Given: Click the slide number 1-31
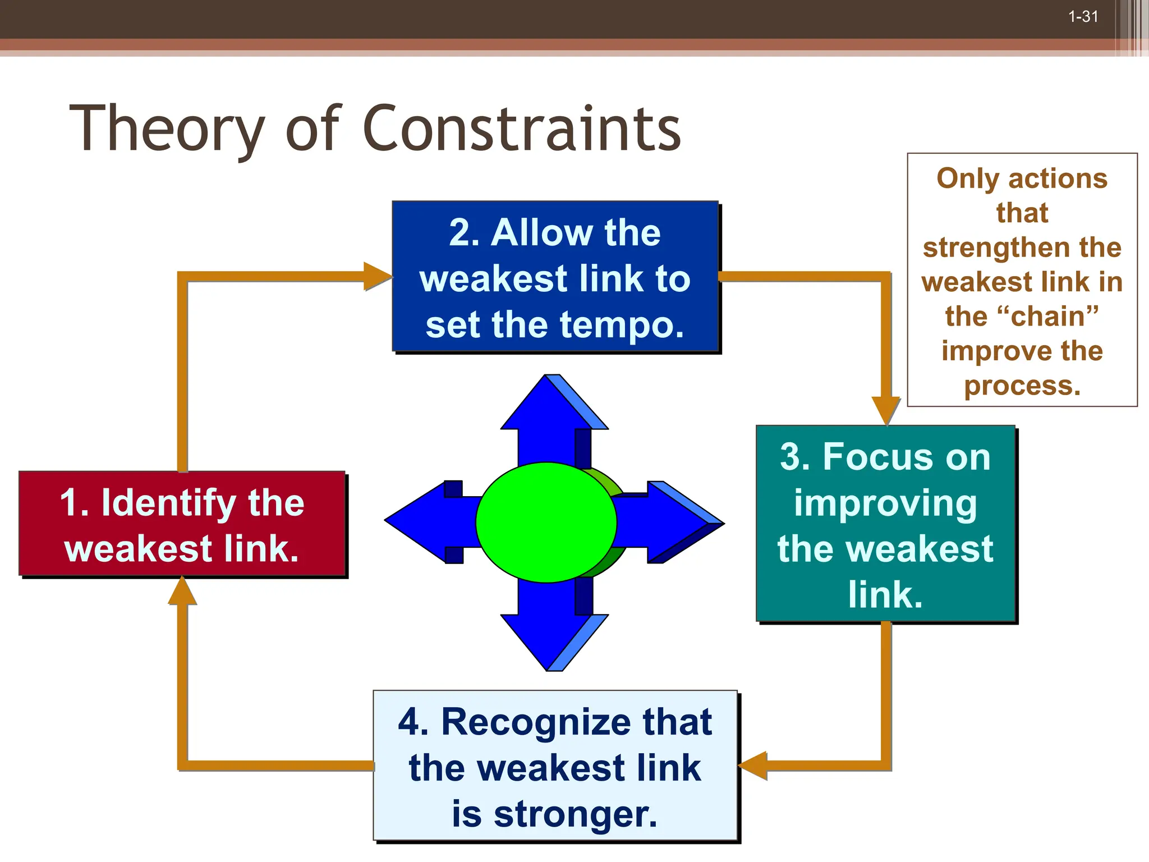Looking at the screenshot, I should coord(1083,17).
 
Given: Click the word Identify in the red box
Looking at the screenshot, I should coord(169,503).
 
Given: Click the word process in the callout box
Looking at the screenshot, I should coord(1022,386).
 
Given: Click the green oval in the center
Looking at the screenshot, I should coord(545,522).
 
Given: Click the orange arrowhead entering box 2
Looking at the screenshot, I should coord(377,276).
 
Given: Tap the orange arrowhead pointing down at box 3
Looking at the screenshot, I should coord(886,410).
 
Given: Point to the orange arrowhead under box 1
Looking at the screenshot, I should coord(182,592).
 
